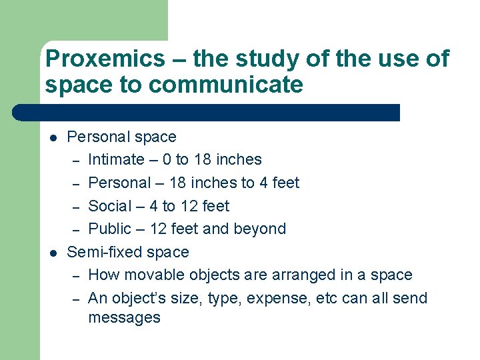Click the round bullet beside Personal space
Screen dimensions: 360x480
pyautogui.click(x=53, y=138)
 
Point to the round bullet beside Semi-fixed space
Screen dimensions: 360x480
pyautogui.click(x=53, y=253)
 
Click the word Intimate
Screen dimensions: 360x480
pyautogui.click(x=116, y=159)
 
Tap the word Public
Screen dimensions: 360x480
pyautogui.click(x=109, y=229)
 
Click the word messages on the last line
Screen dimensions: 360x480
pyautogui.click(x=124, y=317)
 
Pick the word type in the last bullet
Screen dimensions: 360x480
pyautogui.click(x=224, y=299)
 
